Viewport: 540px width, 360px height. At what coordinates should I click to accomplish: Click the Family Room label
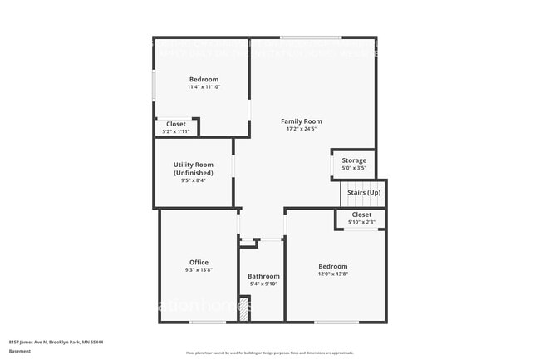[x=301, y=121]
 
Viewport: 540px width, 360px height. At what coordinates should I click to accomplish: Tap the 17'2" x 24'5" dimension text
[x=301, y=129]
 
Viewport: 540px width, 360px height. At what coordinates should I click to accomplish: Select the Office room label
[x=199, y=262]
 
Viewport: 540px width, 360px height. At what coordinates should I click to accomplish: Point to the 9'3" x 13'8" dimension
[x=199, y=269]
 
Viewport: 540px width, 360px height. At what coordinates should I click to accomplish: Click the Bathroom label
[x=263, y=276]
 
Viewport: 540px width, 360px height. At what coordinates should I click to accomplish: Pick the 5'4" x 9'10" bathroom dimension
[x=263, y=284]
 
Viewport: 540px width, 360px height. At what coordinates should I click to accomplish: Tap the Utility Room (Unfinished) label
[x=193, y=169]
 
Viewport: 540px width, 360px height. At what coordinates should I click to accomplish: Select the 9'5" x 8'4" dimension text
[x=193, y=180]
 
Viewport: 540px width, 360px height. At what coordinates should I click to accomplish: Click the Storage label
[x=354, y=160]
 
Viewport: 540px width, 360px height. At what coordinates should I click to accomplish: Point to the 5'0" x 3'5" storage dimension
[x=354, y=168]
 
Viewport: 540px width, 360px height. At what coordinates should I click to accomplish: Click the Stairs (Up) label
[x=364, y=192]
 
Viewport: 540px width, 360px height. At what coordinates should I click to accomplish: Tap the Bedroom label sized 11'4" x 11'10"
[x=203, y=79]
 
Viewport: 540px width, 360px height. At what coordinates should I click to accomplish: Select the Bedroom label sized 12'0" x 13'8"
[x=332, y=266]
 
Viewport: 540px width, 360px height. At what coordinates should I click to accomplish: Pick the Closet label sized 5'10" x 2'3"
[x=361, y=215]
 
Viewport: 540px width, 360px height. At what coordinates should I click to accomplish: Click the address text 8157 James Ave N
[x=56, y=342]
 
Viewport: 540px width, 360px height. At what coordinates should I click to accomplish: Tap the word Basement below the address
[x=20, y=351]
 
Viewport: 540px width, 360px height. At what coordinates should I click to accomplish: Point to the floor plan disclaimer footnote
[x=269, y=353]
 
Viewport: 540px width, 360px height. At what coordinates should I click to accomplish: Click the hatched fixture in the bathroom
[x=244, y=310]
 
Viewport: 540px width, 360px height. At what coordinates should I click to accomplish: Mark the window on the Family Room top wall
[x=310, y=37]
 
